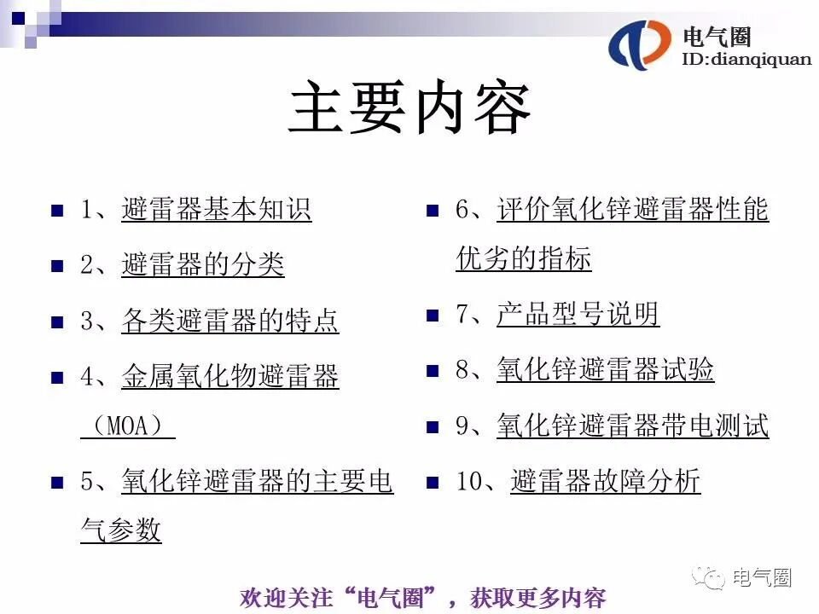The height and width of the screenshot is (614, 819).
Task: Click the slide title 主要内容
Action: pyautogui.click(x=409, y=108)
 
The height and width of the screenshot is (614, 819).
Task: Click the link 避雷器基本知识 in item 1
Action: pyautogui.click(x=216, y=210)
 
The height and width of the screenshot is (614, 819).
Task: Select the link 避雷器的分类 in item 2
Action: pyautogui.click(x=202, y=265)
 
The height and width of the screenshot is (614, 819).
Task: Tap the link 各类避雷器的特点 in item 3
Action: pyautogui.click(x=229, y=321)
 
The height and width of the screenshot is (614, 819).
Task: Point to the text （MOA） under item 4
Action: pyautogui.click(x=127, y=426)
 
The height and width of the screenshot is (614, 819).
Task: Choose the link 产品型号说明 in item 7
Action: pyautogui.click(x=578, y=315)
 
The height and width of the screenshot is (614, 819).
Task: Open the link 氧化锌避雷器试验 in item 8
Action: pyautogui.click(x=605, y=370)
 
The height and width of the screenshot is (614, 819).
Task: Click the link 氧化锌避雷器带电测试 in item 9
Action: pyautogui.click(x=632, y=426)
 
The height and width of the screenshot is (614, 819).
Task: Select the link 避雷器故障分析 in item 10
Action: pyautogui.click(x=605, y=482)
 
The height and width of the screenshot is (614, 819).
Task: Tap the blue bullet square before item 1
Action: pyautogui.click(x=58, y=211)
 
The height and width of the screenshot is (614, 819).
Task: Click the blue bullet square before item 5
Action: pyautogui.click(x=58, y=483)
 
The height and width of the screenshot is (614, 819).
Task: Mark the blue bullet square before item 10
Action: pyautogui.click(x=433, y=483)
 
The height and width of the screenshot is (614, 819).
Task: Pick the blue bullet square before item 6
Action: pyautogui.click(x=433, y=211)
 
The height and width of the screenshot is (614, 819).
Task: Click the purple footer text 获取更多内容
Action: pyautogui.click(x=537, y=598)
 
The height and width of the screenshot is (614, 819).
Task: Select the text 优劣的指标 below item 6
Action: pyautogui.click(x=523, y=259)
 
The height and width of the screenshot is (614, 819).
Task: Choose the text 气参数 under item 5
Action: pyautogui.click(x=120, y=530)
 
